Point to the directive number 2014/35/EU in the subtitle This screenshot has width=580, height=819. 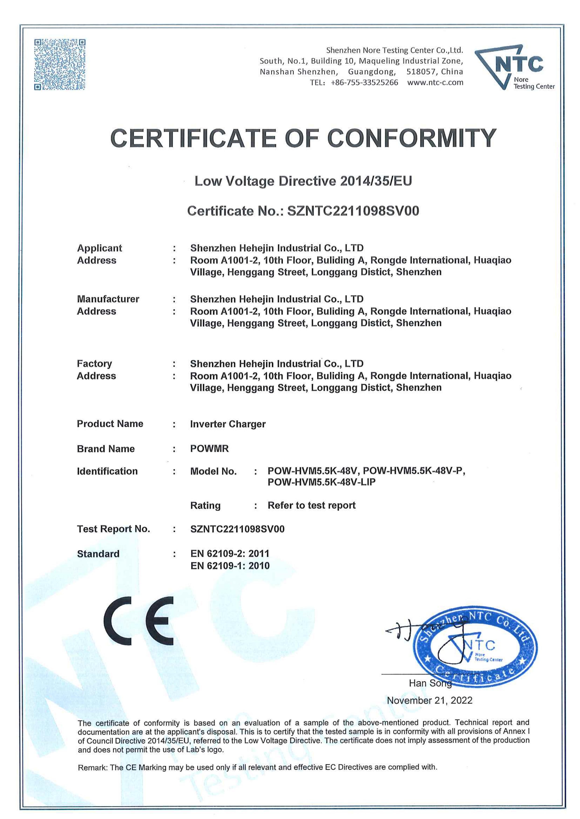376,181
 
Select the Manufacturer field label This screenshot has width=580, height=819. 108,299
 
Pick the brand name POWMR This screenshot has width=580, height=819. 209,449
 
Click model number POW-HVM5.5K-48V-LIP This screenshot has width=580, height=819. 321,482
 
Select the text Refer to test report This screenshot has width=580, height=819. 311,506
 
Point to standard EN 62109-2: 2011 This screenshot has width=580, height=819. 230,554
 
